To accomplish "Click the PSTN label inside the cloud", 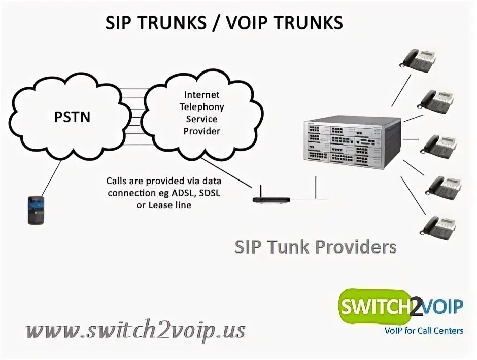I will tap(72, 118).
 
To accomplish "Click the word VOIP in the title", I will tap(257, 22).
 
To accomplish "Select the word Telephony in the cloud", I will tap(201, 107).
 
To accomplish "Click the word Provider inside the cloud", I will tap(201, 131).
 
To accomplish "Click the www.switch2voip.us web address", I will tap(136, 330).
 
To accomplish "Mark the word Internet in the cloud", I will tap(201, 95).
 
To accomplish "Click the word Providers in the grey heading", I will tap(355, 247).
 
